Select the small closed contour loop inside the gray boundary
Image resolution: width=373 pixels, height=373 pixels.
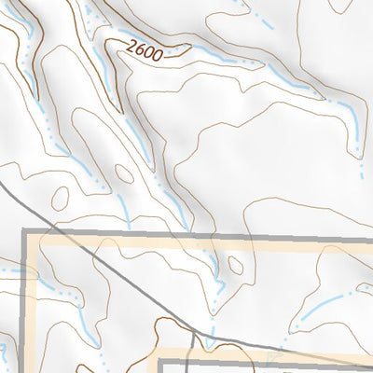click(235, 266)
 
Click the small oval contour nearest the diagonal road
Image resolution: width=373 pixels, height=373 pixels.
click(60, 198)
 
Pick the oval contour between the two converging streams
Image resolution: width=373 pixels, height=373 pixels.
click(124, 173)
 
